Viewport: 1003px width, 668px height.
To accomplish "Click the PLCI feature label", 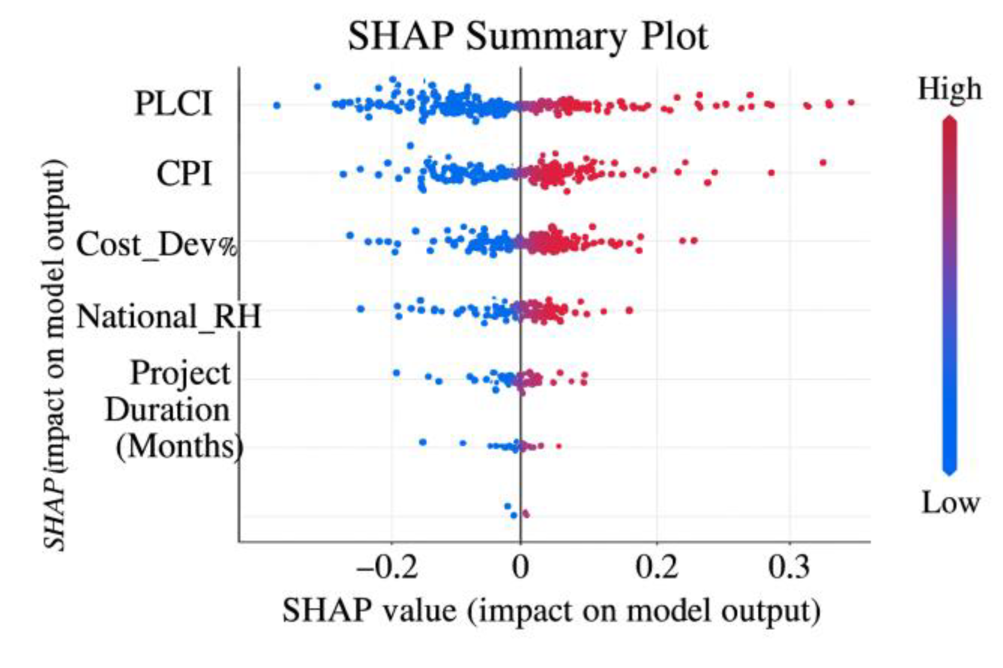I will [x=173, y=103].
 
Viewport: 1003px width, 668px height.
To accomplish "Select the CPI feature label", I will [x=184, y=174].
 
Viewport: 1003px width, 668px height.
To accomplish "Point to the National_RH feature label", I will [x=169, y=316].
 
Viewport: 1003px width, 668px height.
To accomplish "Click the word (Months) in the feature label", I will [x=179, y=446].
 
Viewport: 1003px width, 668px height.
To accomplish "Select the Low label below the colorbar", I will [x=950, y=503].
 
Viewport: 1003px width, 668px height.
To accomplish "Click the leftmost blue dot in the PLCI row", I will [x=277, y=105].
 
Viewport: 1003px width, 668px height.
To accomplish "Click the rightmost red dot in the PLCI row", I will [x=851, y=102].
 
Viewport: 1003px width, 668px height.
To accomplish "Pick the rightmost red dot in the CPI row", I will [x=823, y=162].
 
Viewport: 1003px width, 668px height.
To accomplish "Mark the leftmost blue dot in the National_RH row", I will [x=360, y=309].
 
